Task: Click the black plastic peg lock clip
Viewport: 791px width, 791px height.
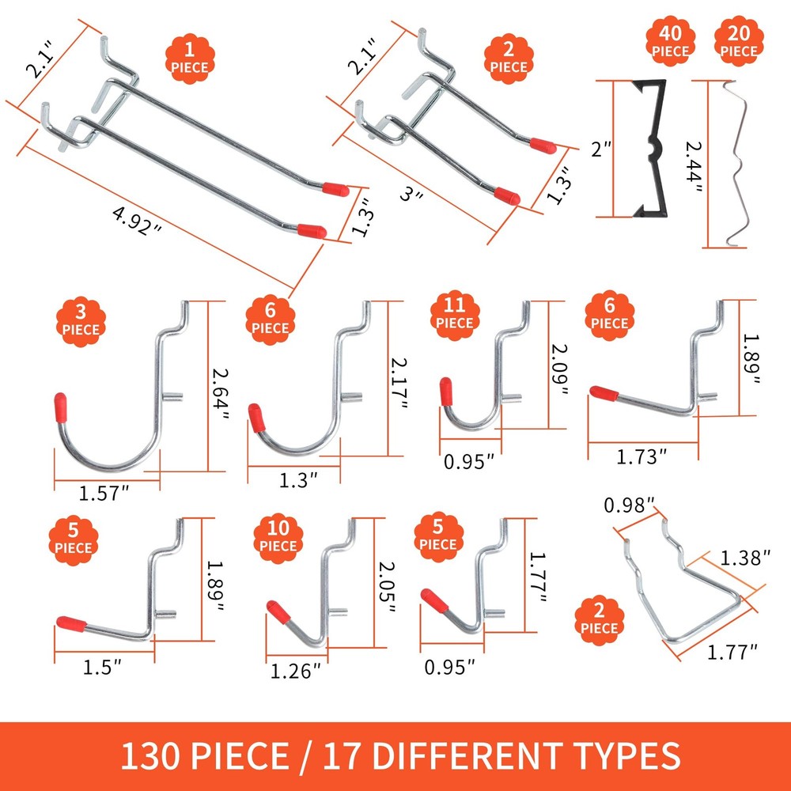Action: [648, 148]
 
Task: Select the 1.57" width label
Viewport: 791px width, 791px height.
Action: [104, 494]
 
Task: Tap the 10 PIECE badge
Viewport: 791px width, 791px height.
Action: [278, 538]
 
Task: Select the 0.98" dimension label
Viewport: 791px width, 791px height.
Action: [629, 504]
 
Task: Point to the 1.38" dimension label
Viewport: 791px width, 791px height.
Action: [744, 558]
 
